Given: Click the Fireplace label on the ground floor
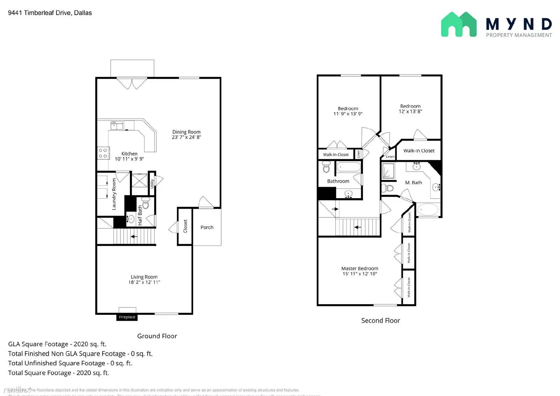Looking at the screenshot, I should [127, 317].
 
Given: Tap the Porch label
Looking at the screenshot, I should [207, 227].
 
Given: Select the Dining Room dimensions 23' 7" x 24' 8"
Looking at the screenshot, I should [186, 137].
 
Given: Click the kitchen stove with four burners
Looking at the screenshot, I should [103, 153].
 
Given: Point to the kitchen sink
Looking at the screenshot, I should [117, 125].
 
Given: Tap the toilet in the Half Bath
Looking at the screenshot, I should [146, 203].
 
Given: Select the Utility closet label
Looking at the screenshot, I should [152, 183].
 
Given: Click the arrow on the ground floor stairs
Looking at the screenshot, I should [134, 237].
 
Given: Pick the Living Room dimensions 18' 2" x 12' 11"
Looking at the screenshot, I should [144, 282].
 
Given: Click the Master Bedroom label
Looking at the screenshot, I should [359, 269].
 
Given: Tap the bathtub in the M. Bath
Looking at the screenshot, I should [428, 210].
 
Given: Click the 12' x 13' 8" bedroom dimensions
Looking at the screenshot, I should [410, 111].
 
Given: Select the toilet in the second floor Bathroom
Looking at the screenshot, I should [326, 167].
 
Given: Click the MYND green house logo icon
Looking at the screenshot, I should [458, 25].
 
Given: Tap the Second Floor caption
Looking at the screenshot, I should [380, 320].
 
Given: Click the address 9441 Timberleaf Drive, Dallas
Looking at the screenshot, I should [50, 13].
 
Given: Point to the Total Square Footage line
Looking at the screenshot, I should [58, 373].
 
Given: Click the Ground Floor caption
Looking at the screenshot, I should [157, 336].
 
